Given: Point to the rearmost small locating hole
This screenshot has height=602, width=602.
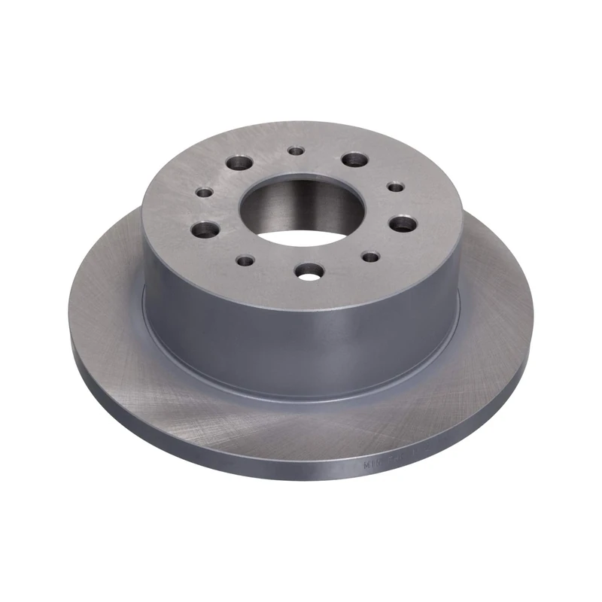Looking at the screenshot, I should [x=296, y=152].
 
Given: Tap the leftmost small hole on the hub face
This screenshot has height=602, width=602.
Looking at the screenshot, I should [x=202, y=193].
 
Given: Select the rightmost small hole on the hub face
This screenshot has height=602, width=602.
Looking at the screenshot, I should [x=393, y=186].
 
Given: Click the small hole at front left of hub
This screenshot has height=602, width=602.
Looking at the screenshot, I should [x=245, y=260].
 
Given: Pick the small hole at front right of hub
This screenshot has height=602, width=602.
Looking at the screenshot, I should [x=369, y=257].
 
